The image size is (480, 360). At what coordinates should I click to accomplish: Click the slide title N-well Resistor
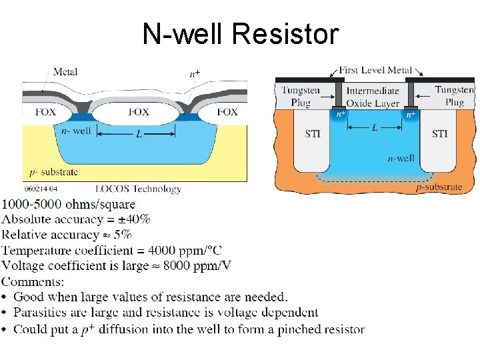(240, 33)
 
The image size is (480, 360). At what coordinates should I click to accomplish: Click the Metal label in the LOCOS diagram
(65, 72)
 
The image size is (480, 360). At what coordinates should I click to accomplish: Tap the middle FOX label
(138, 111)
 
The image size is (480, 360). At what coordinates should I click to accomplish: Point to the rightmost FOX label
(227, 111)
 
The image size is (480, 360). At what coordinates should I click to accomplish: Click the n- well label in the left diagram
(75, 131)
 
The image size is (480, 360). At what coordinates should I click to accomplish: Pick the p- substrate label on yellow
(52, 171)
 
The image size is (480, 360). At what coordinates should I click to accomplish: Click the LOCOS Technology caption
(138, 189)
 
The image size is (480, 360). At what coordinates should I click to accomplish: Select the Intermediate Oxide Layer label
(373, 97)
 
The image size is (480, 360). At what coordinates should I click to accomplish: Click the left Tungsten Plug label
(301, 96)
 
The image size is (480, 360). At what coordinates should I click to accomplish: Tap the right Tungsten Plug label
(454, 96)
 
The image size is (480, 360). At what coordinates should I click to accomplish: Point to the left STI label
(313, 134)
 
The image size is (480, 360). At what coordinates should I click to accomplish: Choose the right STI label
(439, 134)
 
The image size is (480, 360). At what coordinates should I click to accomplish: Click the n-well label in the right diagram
(401, 159)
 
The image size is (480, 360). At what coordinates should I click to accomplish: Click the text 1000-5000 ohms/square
(69, 204)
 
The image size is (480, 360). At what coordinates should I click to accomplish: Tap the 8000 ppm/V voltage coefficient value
(201, 265)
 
